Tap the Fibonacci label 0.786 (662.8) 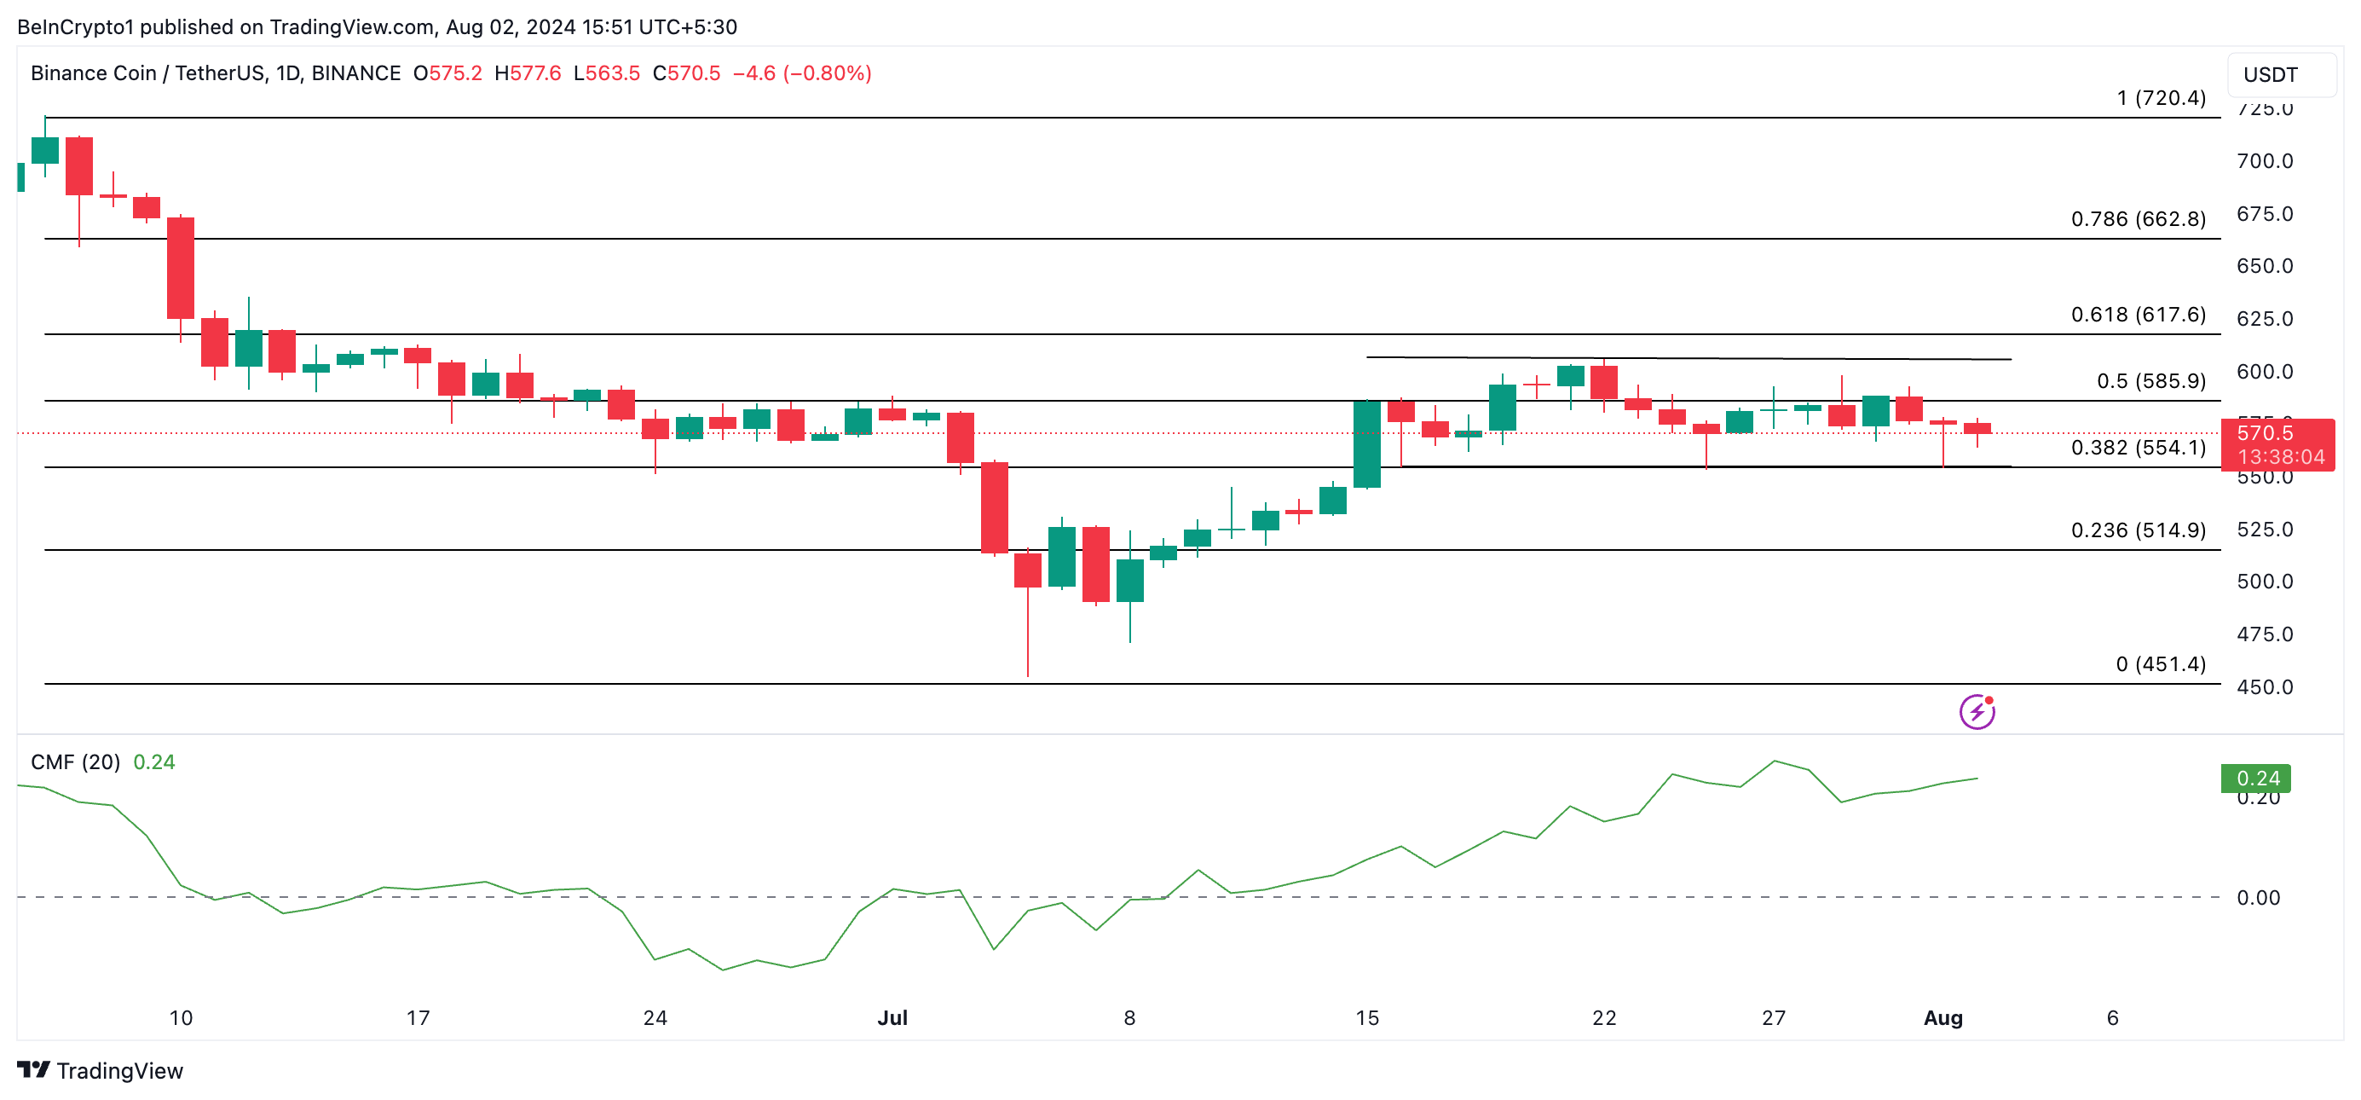(2138, 219)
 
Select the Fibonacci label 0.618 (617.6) (2138, 315)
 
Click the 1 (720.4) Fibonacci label (2161, 98)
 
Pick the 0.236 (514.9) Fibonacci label (2138, 530)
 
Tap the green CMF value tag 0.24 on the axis (2255, 779)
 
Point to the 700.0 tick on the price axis (2264, 161)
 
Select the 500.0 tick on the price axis (2264, 582)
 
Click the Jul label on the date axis (892, 1017)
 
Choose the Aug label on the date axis (1942, 1017)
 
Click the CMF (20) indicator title (75, 761)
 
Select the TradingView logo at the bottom (100, 1071)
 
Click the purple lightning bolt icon (1977, 711)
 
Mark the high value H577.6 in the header (527, 73)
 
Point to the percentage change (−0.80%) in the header (827, 73)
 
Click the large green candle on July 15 (1366, 443)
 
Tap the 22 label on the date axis (1604, 1017)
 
